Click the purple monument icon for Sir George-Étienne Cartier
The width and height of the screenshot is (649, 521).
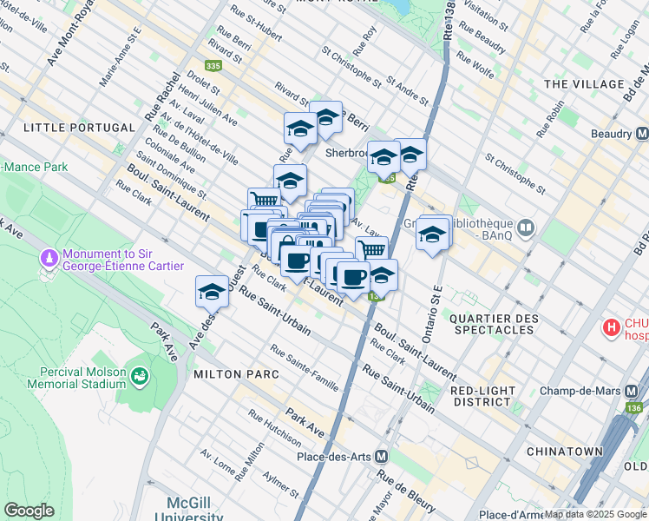pos(49,259)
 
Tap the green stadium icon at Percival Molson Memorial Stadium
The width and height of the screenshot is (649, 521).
pos(139,377)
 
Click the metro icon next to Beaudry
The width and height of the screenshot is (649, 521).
pos(641,135)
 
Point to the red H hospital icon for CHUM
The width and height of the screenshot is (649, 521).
pos(613,328)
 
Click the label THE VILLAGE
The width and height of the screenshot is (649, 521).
pos(584,84)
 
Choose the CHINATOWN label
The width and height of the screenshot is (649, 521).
pos(567,452)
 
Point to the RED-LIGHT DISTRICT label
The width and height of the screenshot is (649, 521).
pos(493,396)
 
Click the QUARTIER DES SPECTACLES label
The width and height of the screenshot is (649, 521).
pos(492,324)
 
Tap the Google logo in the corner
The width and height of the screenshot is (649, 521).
pos(29,511)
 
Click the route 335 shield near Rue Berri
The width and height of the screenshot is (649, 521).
pos(213,66)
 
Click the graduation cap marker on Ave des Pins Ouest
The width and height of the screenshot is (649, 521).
pos(211,293)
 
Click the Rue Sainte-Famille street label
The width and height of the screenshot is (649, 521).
pos(304,365)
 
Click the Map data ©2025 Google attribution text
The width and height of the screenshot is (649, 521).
pos(593,514)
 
